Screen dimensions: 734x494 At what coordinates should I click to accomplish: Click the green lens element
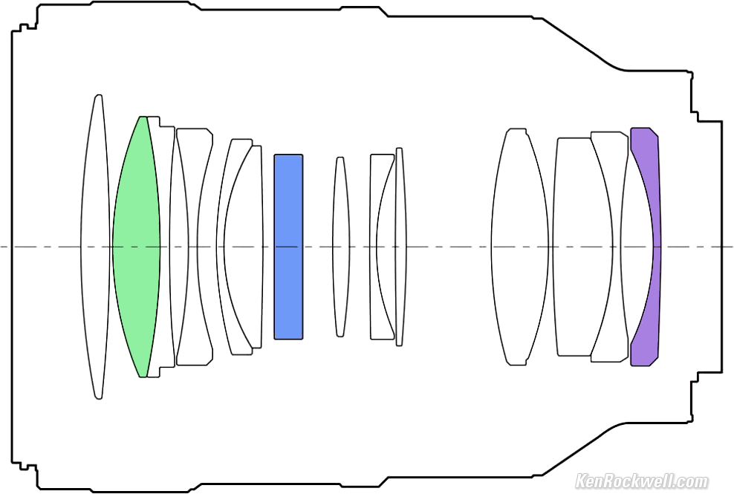click(136, 247)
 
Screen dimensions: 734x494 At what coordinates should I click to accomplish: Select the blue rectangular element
click(288, 247)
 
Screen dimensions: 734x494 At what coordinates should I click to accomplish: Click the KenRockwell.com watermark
click(642, 481)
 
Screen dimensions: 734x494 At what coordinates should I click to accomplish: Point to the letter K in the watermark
click(581, 481)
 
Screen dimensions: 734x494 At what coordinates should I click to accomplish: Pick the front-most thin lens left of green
click(96, 247)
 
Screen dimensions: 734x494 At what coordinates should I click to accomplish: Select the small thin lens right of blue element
click(340, 247)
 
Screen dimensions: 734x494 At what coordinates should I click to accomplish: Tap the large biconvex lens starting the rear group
click(519, 247)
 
